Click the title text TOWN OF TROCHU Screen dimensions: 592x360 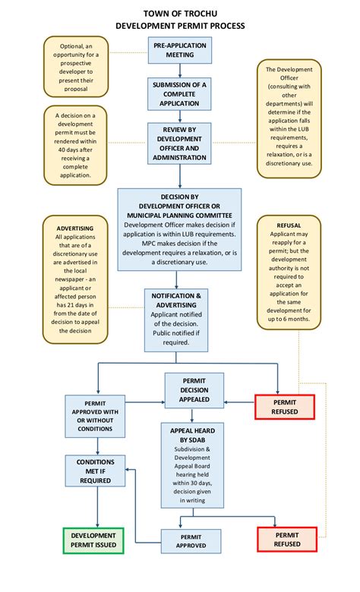(180, 14)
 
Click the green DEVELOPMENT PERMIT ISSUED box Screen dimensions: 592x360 (93, 540)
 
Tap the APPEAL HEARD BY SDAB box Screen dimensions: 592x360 (191, 465)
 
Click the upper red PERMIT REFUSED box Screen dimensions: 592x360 (285, 407)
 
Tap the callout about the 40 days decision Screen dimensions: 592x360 (74, 144)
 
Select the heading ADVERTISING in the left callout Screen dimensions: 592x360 (74, 228)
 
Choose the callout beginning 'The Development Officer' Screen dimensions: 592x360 (289, 118)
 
